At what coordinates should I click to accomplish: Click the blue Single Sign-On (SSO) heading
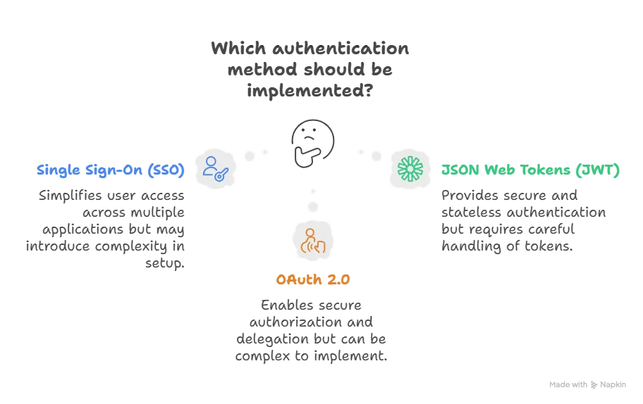point(111,170)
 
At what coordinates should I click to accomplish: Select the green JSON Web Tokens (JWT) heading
point(529,170)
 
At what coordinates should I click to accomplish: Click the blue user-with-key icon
point(214,169)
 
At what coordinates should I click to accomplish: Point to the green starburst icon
point(411,169)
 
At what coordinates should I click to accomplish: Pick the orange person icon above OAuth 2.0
point(313,240)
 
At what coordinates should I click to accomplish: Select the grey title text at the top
point(310,70)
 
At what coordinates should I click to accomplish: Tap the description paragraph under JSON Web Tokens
point(523,220)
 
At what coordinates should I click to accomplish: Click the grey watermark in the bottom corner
point(586,383)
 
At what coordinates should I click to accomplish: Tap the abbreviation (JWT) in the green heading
point(599,170)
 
